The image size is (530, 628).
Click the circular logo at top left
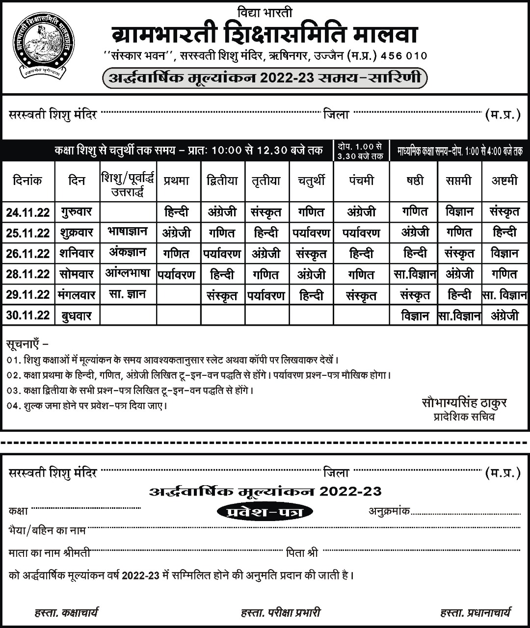pyautogui.click(x=44, y=47)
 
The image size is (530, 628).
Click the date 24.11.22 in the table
pyautogui.click(x=28, y=212)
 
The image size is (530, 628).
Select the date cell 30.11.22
pyautogui.click(x=28, y=315)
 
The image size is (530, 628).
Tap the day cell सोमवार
pyautogui.click(x=77, y=274)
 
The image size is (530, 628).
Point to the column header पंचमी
pyautogui.click(x=361, y=181)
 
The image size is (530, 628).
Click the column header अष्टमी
pyautogui.click(x=504, y=181)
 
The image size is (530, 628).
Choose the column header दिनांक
pyautogui.click(x=27, y=181)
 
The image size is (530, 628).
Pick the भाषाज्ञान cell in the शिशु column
pyautogui.click(x=128, y=232)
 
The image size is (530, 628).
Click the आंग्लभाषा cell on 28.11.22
pyautogui.click(x=128, y=273)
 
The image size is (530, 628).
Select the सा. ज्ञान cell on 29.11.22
pyautogui.click(x=128, y=294)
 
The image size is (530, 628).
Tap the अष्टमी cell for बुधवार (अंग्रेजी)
pyautogui.click(x=504, y=315)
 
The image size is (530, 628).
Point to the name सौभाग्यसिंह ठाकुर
pyautogui.click(x=464, y=403)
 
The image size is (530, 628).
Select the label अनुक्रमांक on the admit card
pyautogui.click(x=389, y=511)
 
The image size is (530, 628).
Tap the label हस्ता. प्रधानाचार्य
pyautogui.click(x=476, y=612)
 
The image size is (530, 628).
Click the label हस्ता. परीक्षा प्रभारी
pyautogui.click(x=281, y=612)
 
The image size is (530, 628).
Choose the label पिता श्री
pyautogui.click(x=302, y=553)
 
